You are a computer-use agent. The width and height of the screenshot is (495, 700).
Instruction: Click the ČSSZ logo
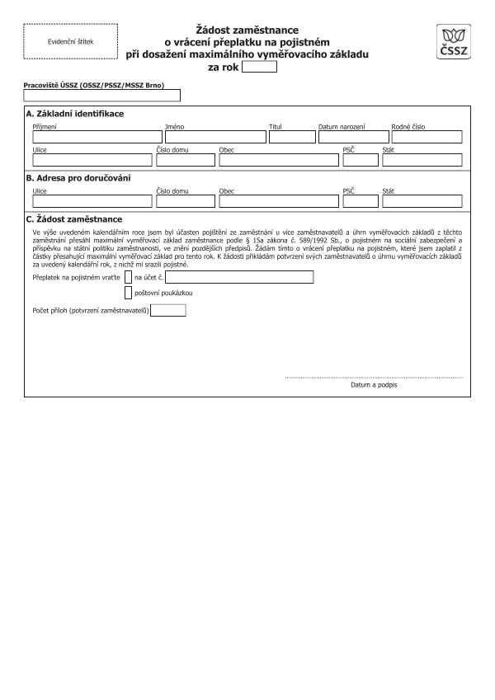click(x=454, y=41)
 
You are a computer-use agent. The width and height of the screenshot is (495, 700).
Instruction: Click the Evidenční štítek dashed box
click(x=70, y=40)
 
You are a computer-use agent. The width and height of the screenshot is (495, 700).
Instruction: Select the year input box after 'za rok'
click(x=260, y=68)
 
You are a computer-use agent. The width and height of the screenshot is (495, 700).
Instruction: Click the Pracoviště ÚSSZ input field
click(x=102, y=96)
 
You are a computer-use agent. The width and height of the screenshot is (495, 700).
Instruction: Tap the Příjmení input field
click(x=97, y=137)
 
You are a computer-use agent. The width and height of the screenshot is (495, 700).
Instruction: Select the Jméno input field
click(x=214, y=137)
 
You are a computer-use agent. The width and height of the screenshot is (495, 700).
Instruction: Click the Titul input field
click(x=292, y=137)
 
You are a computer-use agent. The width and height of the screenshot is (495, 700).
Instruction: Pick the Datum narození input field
click(x=352, y=137)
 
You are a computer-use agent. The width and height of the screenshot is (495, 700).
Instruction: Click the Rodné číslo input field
click(x=427, y=137)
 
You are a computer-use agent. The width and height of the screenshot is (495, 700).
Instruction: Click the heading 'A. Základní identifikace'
click(x=75, y=114)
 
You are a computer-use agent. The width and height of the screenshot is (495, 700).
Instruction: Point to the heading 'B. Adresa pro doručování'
click(x=78, y=178)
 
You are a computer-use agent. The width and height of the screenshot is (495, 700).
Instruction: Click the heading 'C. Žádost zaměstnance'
click(x=74, y=219)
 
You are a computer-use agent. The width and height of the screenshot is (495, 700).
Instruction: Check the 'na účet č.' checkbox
click(x=128, y=277)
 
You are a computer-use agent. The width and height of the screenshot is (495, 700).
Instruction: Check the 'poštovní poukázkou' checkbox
click(x=128, y=292)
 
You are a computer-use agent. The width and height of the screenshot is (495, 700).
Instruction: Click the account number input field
click(x=239, y=277)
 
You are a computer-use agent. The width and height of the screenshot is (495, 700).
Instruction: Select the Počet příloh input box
click(x=169, y=311)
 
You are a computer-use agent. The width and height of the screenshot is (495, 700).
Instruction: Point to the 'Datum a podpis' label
click(x=374, y=385)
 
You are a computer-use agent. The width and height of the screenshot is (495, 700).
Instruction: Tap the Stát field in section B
click(x=422, y=201)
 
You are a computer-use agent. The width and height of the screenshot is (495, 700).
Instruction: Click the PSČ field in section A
click(x=361, y=160)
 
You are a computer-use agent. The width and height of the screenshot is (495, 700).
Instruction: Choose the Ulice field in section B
click(x=92, y=201)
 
